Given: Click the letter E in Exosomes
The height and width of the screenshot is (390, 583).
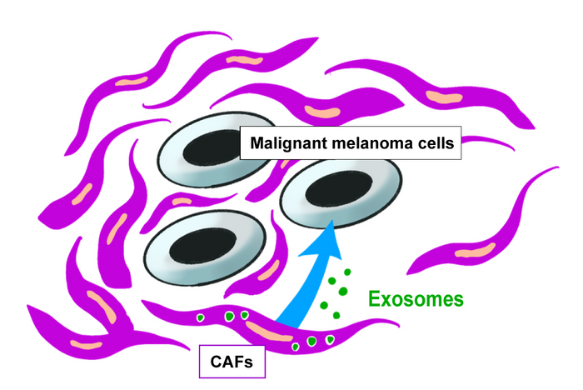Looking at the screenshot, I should click(x=374, y=297).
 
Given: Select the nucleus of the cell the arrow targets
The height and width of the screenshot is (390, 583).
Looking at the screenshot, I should click(x=328, y=192).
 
